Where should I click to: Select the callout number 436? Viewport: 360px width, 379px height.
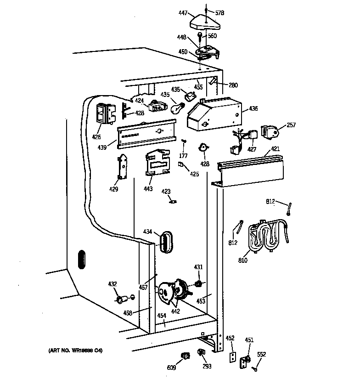(253, 109)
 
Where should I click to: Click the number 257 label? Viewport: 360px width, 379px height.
(291, 124)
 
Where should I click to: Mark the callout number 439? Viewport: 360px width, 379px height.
(102, 147)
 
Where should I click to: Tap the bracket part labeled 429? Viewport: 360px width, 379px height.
(122, 167)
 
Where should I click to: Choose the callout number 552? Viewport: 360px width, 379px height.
(261, 354)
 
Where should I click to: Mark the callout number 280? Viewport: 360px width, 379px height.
(233, 85)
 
